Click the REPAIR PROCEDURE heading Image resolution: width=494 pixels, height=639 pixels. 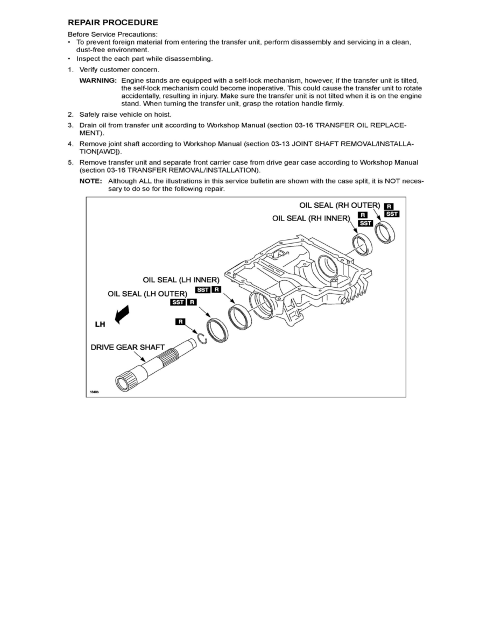tap(112, 23)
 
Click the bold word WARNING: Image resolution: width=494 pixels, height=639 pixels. tap(98, 80)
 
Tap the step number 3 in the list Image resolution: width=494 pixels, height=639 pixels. tap(70, 125)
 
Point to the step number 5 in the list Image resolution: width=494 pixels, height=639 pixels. tap(70, 162)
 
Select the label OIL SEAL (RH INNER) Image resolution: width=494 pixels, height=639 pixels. tap(311, 218)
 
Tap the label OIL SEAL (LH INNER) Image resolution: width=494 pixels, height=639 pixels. tap(181, 280)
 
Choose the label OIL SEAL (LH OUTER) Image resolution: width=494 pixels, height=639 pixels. tap(147, 294)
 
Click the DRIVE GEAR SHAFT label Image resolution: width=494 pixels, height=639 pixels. tap(128, 347)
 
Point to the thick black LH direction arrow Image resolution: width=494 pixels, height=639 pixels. tap(121, 314)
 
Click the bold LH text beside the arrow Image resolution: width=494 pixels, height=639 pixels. tap(100, 325)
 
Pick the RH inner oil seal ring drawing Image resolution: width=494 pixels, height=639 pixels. tap(361, 245)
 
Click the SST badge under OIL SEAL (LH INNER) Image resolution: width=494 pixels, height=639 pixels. tap(203, 290)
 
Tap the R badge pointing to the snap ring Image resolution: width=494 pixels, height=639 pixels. tap(181, 322)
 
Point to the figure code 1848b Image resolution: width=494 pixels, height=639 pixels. tap(95, 391)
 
